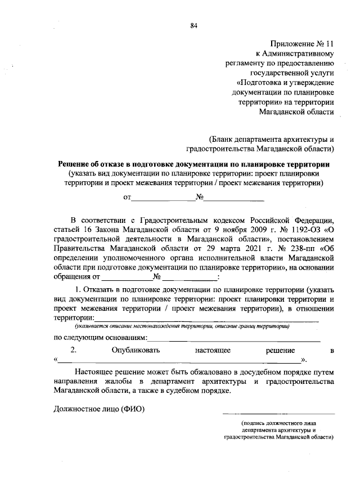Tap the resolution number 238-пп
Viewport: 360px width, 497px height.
[x=304, y=249]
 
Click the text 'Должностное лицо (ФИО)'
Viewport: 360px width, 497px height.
[x=99, y=409]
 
